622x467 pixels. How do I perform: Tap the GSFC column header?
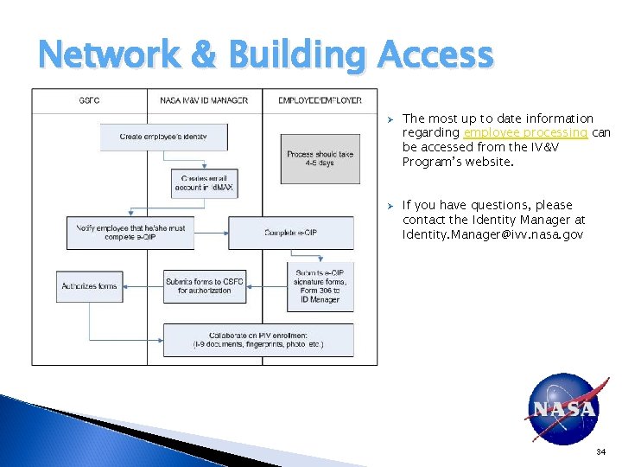pos(89,100)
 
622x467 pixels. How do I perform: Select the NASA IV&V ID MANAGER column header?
pos(204,100)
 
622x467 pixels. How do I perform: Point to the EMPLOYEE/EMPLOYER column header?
pos(320,100)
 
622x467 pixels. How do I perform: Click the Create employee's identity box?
pos(164,137)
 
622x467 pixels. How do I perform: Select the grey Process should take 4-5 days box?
pos(320,158)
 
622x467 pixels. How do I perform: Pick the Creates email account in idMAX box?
pos(204,182)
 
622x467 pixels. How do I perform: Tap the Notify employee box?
pos(130,233)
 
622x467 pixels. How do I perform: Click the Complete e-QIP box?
pos(291,233)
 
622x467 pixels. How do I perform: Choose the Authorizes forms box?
pos(89,285)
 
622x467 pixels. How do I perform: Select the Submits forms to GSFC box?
pos(205,285)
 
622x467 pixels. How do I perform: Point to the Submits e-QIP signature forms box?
pos(320,286)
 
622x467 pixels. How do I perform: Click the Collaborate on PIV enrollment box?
pos(258,339)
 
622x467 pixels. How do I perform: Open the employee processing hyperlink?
pos(526,132)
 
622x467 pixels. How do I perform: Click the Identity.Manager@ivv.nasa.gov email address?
pos(492,234)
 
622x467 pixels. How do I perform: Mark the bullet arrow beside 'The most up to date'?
pos(390,118)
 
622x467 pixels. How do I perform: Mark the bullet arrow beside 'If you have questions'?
pos(390,206)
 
